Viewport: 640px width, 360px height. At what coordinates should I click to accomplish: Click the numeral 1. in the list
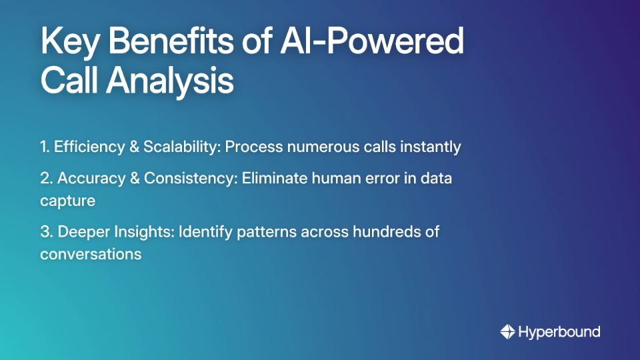tap(45, 147)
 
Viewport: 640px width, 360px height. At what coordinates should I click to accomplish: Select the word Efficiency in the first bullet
tap(86, 147)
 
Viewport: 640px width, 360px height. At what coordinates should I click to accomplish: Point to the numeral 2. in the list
tap(46, 179)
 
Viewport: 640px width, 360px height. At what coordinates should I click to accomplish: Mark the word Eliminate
tap(273, 179)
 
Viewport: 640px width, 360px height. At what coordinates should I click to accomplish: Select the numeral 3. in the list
tap(47, 232)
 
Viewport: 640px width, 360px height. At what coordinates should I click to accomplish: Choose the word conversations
tap(91, 254)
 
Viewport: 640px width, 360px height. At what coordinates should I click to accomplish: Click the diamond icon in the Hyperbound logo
tap(507, 331)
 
